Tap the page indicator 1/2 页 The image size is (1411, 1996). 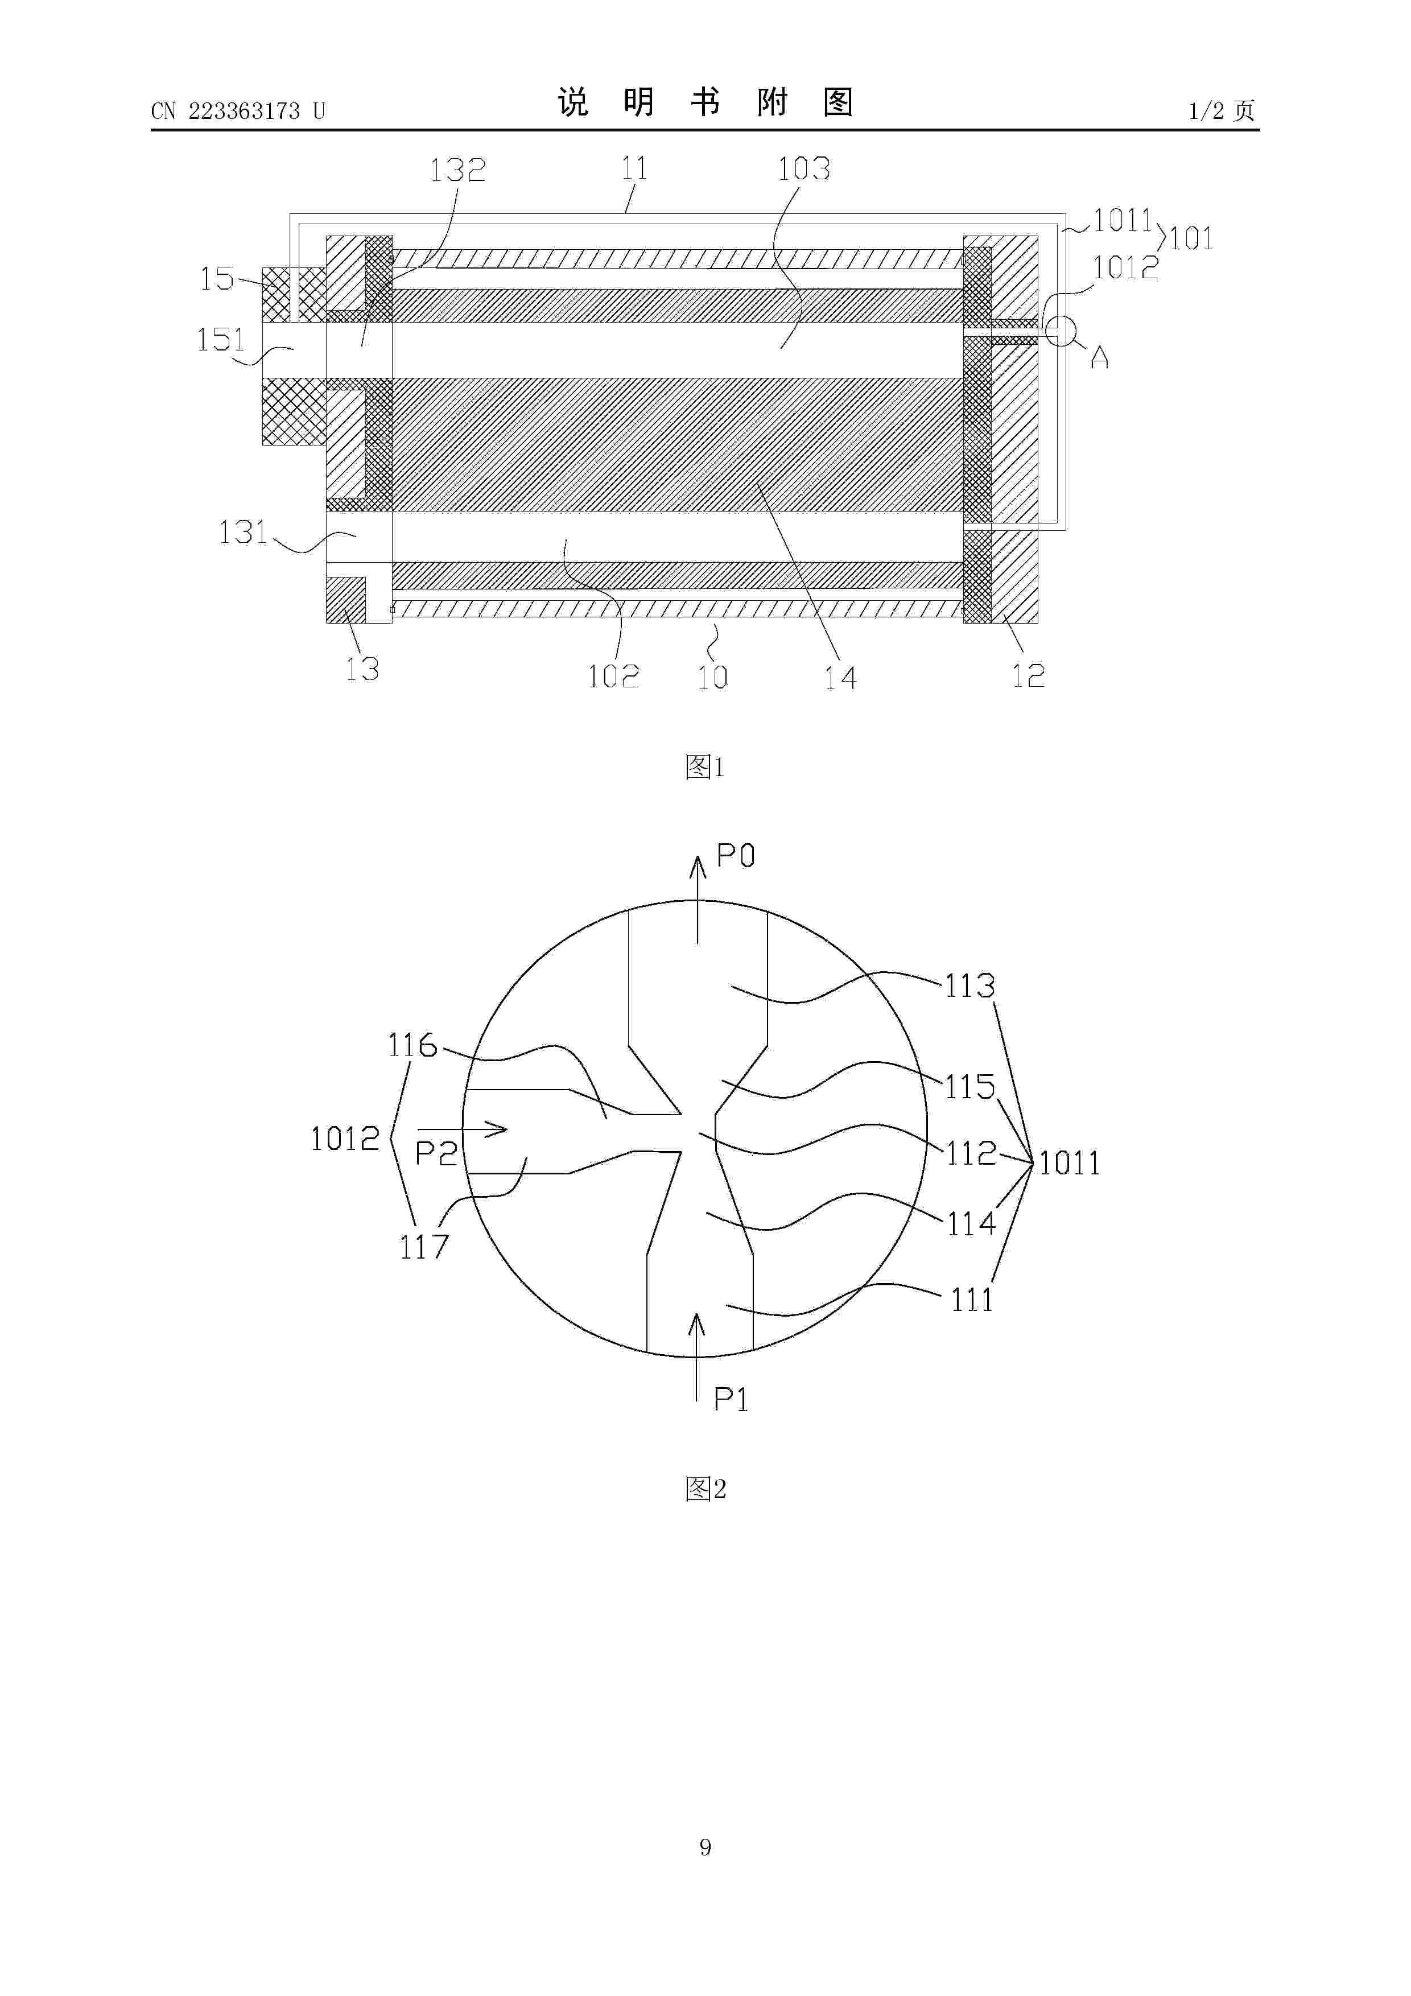coord(1222,110)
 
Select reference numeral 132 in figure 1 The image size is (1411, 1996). coord(458,170)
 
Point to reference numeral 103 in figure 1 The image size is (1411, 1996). coord(804,168)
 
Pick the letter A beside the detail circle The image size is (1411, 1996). coord(1100,356)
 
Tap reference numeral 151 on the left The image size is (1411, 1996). coord(222,339)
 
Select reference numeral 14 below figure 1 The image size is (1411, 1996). coord(841,677)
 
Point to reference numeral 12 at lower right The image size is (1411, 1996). coord(1028,675)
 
